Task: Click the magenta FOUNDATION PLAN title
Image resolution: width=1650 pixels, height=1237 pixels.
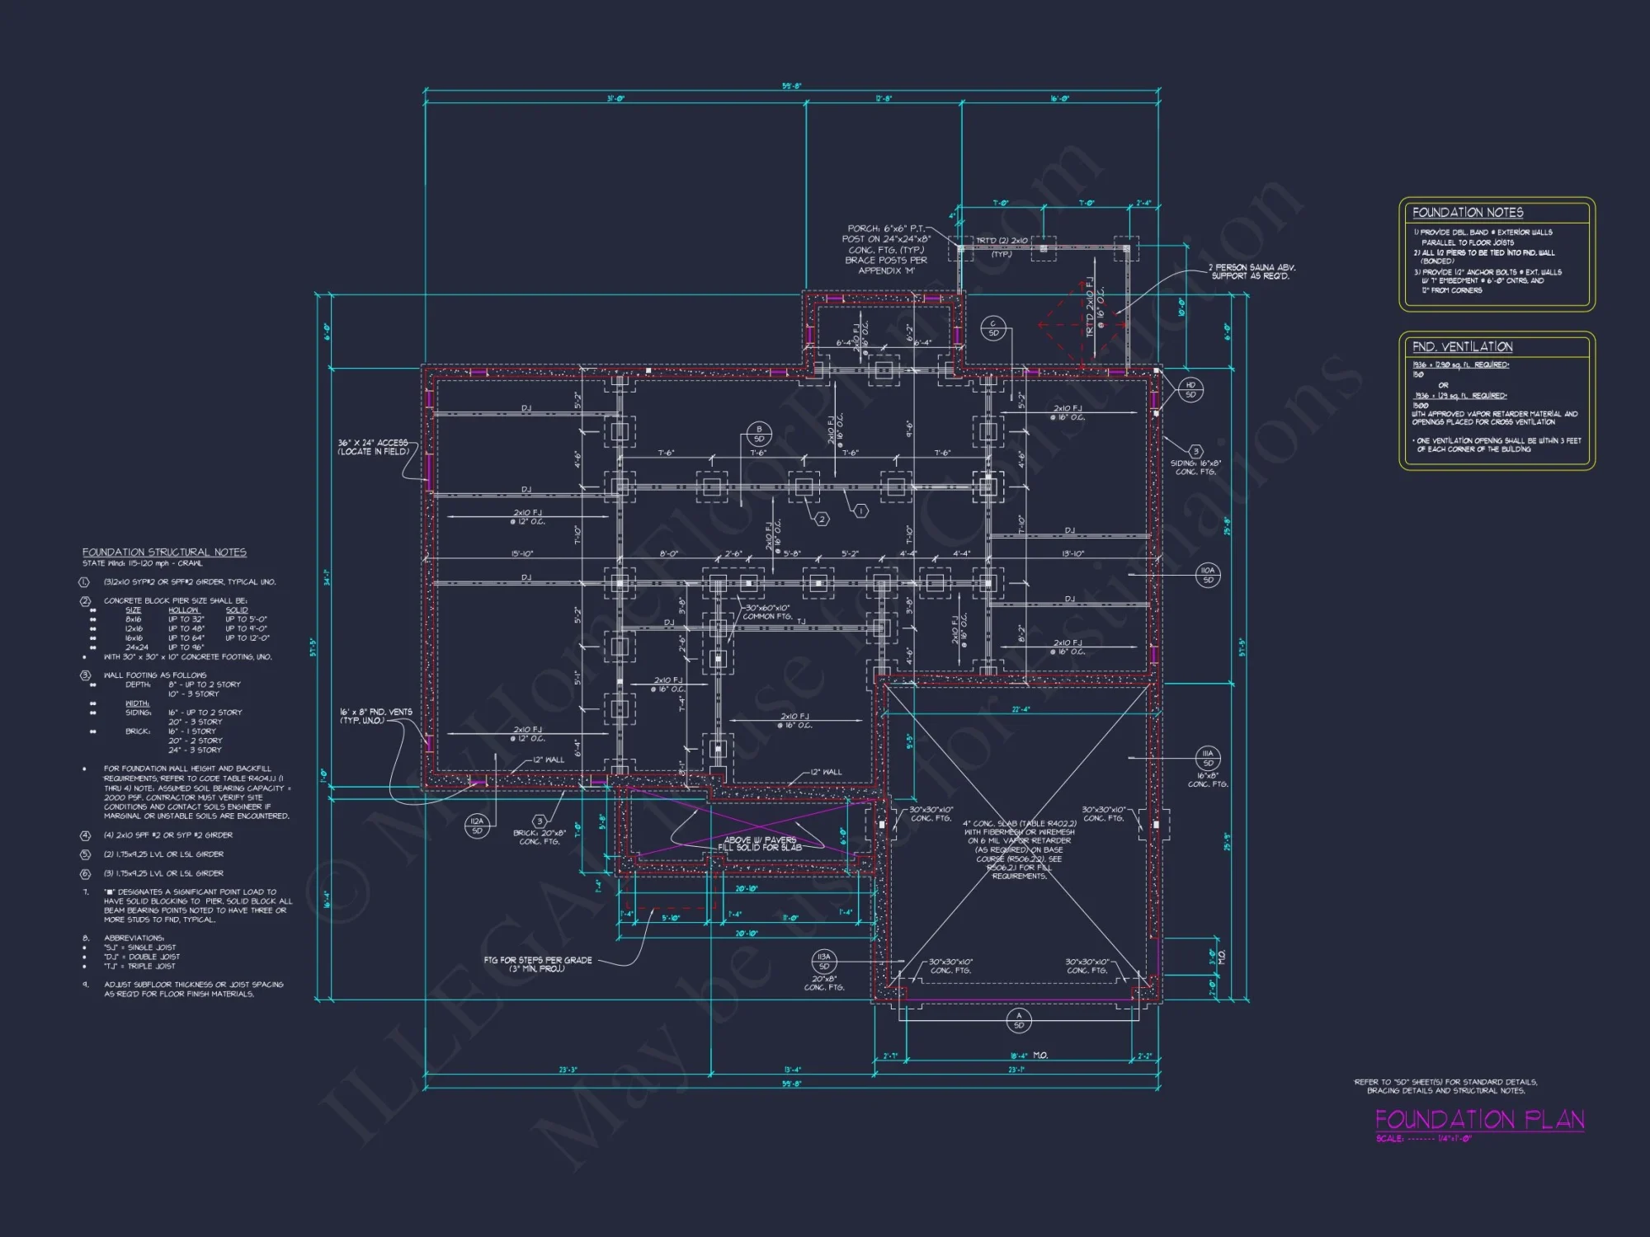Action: [x=1479, y=1119]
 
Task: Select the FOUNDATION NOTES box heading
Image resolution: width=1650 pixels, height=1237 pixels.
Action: [x=1467, y=213]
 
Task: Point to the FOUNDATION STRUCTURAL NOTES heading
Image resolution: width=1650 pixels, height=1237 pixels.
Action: [x=164, y=552]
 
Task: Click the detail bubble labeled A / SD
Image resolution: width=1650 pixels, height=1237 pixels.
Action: [x=1019, y=1020]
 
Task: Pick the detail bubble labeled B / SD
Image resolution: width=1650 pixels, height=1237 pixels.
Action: [x=759, y=434]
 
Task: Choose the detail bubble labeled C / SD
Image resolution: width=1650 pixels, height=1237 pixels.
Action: [x=993, y=328]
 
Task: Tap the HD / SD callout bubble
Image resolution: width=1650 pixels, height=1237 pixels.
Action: [x=1190, y=389]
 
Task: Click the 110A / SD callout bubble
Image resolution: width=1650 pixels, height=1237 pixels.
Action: [x=1208, y=575]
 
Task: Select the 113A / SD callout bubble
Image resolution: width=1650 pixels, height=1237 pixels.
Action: [x=823, y=961]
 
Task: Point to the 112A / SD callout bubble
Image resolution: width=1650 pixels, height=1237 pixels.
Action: [x=477, y=825]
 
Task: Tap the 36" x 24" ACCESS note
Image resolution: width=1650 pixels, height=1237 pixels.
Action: [x=373, y=447]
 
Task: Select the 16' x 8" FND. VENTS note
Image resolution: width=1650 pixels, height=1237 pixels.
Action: [x=375, y=716]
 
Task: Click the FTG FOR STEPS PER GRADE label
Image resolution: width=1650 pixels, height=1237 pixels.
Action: [x=537, y=964]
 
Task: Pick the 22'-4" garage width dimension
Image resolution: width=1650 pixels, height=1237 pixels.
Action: [x=1021, y=709]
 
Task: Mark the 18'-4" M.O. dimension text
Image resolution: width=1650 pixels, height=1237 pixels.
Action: [x=1029, y=1056]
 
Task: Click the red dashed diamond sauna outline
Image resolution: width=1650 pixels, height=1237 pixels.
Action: [x=1082, y=325]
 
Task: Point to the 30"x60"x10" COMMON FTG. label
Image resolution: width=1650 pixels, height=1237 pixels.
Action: [x=767, y=612]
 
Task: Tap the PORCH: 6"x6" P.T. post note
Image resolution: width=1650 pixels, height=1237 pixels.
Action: [x=886, y=249]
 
